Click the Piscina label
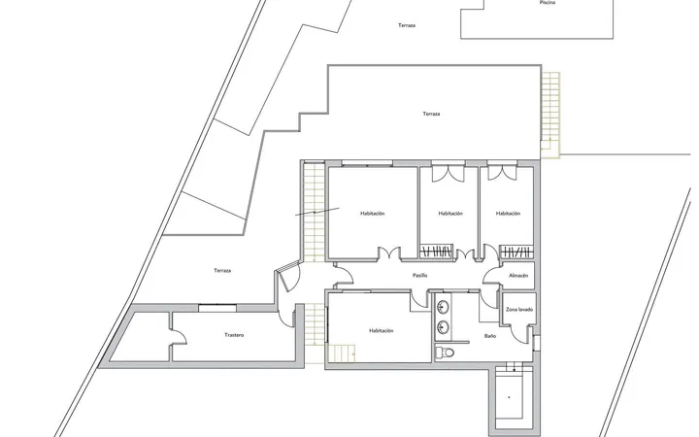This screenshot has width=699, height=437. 547,3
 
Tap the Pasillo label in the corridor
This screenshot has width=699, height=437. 420,276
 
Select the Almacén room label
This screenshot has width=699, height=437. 518,276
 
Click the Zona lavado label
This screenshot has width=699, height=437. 519,310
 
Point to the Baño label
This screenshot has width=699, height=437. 490,336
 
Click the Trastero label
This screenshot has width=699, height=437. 234,335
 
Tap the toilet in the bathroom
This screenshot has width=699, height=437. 445,353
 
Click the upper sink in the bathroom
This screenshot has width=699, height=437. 443,307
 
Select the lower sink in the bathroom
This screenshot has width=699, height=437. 443,327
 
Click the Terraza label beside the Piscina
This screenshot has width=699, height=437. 407,25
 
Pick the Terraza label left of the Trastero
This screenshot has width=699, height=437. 222,271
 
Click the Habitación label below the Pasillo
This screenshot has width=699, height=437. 382,331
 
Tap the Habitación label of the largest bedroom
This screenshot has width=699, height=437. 372,214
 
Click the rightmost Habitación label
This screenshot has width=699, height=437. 508,214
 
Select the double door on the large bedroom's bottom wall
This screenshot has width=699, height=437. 389,252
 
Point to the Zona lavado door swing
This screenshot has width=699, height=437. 518,333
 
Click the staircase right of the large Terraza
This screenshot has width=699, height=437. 550,115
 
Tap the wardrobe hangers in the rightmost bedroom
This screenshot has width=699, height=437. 516,252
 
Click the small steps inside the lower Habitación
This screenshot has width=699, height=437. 342,353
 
